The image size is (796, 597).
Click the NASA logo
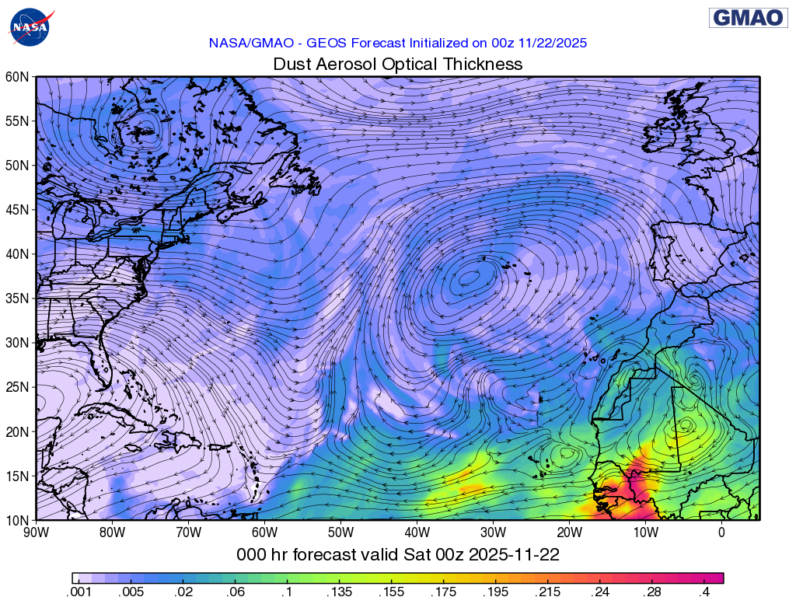[29, 26]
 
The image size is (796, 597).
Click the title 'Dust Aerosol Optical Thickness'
[397, 65]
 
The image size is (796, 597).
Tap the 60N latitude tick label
[17, 77]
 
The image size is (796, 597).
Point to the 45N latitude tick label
[17, 210]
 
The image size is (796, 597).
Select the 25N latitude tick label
[17, 387]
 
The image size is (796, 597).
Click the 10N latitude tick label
[17, 520]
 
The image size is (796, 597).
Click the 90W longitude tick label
[37, 532]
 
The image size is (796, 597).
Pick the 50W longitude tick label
[341, 532]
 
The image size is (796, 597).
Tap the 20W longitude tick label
[570, 532]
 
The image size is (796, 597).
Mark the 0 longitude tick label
[721, 532]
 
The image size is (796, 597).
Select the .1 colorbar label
[287, 592]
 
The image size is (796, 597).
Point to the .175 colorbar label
[444, 592]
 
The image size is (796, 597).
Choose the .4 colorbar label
[704, 592]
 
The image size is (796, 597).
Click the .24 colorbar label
[600, 592]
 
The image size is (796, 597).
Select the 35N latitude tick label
[17, 298]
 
